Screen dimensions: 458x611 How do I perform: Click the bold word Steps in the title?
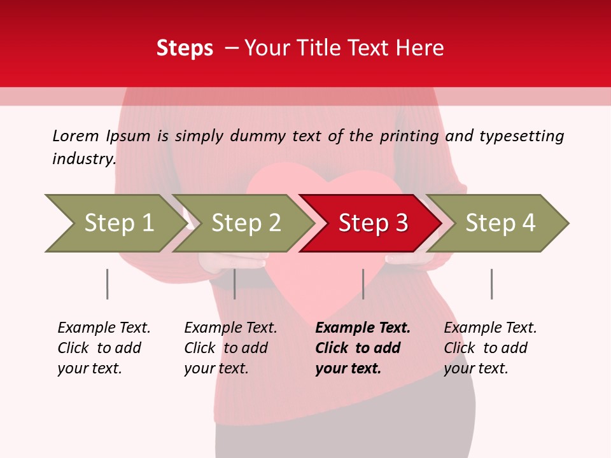tap(185, 48)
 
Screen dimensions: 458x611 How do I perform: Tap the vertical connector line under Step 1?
tap(107, 284)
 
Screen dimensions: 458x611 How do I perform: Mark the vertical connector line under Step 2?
tap(235, 284)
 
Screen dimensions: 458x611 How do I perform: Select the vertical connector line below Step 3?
tap(363, 284)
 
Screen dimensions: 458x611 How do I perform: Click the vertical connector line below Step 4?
tap(491, 284)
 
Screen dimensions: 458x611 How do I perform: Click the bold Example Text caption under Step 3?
tap(363, 348)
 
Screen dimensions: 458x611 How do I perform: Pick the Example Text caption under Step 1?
tap(104, 348)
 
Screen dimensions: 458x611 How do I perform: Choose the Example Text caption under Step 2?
tap(230, 348)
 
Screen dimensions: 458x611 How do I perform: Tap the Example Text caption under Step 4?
tap(490, 348)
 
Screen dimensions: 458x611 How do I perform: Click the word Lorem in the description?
tap(76, 136)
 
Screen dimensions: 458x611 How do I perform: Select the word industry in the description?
tap(83, 159)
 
